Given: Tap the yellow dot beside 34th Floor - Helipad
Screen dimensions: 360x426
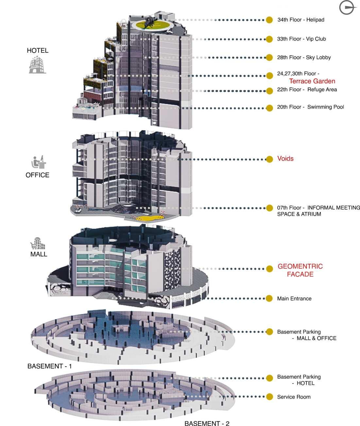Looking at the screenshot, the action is click(269, 20).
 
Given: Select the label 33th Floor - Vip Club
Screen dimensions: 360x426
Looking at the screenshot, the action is click(301, 39).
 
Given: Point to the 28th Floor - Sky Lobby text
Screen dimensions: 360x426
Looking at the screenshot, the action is click(304, 57).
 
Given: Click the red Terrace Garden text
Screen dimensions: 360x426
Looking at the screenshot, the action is click(312, 81).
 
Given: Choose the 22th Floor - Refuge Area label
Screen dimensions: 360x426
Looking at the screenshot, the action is click(307, 90).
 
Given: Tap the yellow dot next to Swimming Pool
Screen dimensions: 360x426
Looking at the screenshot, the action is click(269, 108).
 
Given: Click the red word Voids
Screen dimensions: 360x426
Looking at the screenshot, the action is click(285, 159).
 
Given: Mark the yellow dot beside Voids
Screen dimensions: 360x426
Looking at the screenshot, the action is click(269, 159).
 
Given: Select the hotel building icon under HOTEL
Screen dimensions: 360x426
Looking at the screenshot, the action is click(37, 64).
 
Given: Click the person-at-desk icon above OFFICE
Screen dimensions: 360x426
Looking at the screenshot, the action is click(39, 162).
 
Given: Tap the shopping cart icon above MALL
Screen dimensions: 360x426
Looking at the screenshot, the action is click(37, 243).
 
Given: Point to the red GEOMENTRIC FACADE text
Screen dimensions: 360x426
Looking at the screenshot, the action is click(300, 270).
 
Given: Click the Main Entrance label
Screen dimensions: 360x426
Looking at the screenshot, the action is click(294, 299).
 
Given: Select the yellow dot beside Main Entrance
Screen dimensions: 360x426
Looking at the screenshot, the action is click(269, 298).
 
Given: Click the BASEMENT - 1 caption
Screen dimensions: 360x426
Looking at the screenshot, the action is click(49, 366).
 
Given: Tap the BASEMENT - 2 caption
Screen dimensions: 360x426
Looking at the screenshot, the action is click(207, 423).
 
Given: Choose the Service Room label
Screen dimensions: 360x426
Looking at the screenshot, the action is click(294, 397).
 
